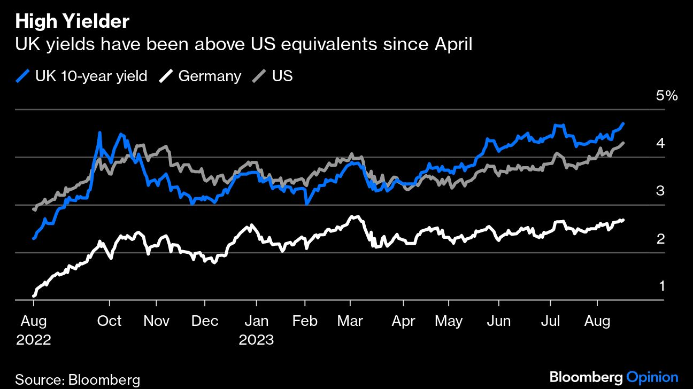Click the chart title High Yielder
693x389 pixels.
coord(72,22)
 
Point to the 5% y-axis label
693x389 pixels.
coord(666,96)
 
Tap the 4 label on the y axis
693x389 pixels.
coord(660,143)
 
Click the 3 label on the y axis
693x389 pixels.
coord(660,191)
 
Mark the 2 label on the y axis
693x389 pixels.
coord(660,238)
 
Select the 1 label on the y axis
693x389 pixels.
coord(661,286)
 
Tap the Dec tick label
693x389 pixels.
coord(205,321)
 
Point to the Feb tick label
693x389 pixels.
coord(305,321)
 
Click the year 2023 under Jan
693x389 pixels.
coord(257,340)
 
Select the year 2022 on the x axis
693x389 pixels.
coord(34,340)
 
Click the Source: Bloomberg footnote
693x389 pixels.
coord(78,380)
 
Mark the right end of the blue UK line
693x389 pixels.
coord(623,123)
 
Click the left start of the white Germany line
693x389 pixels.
coord(34,295)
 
